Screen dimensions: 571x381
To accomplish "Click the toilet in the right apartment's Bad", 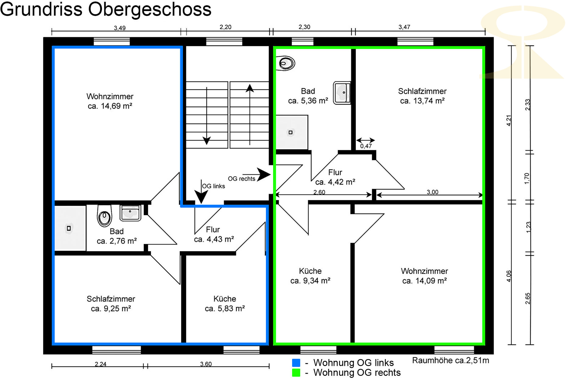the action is (x=286, y=63).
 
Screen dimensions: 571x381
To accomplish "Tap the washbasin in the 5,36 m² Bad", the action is (x=342, y=93).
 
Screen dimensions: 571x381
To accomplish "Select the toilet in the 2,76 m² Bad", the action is (x=104, y=216).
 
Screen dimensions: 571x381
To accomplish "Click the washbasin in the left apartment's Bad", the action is (x=130, y=213).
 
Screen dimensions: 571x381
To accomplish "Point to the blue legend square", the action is (x=296, y=363).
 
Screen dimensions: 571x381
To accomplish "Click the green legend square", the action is (x=296, y=372).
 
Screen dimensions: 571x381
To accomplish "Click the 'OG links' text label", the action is (x=213, y=186).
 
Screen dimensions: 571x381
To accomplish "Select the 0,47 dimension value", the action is (x=366, y=146).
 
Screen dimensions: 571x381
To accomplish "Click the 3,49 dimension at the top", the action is (x=120, y=28).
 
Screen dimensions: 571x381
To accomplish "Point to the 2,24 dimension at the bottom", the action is (x=100, y=364).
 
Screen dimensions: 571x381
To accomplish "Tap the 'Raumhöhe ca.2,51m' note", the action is (x=451, y=361).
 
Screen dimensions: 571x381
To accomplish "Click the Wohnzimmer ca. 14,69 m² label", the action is (x=110, y=101).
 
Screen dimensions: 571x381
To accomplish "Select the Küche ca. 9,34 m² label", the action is (x=310, y=276).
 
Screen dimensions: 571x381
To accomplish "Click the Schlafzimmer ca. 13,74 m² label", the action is (x=422, y=96).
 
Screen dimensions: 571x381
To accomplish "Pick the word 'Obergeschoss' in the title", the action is (x=150, y=9).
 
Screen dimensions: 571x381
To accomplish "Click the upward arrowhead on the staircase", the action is (x=250, y=88).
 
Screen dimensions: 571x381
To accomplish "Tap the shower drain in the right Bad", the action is (x=291, y=132).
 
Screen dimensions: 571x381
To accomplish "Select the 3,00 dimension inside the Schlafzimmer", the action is (x=432, y=192).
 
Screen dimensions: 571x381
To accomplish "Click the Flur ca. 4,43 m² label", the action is (x=214, y=234).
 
